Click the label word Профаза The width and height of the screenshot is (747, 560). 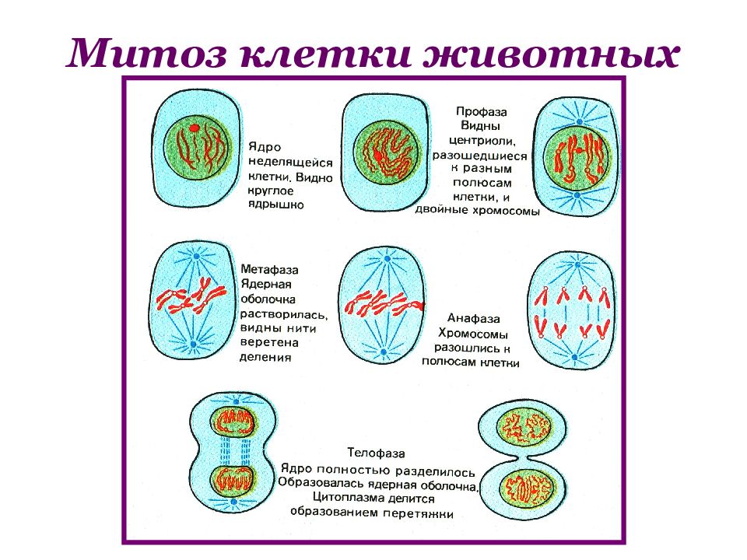[481, 112]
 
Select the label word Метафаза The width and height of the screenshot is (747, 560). [270, 270]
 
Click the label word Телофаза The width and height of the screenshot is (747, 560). [377, 453]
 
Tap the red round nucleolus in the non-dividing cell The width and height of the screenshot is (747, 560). [194, 128]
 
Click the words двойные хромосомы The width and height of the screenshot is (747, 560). [477, 210]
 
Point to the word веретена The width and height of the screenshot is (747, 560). [270, 342]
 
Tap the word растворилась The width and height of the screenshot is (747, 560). [284, 314]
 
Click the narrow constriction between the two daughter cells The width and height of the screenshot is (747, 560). [523, 458]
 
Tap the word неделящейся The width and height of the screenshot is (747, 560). [290, 163]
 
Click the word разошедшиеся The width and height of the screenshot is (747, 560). [480, 156]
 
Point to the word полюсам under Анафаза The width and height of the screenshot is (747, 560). [449, 362]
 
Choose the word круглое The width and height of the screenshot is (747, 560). [271, 191]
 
